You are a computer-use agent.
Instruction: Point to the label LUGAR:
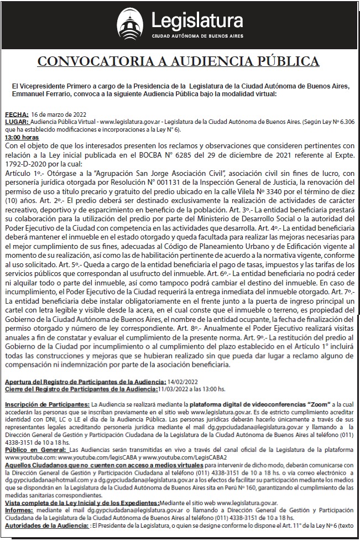pyautogui.click(x=16, y=121)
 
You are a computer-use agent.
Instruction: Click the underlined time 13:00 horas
pyautogui.click(x=22, y=137)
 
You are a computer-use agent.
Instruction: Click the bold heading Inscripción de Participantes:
pyautogui.click(x=47, y=405)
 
